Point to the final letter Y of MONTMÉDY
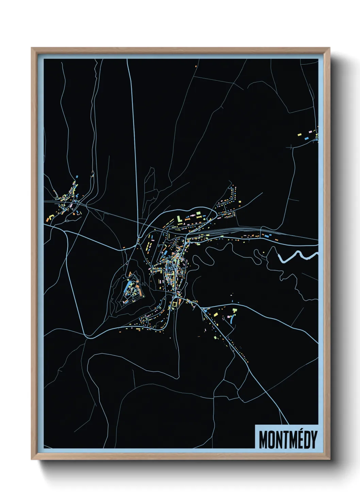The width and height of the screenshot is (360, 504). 314,440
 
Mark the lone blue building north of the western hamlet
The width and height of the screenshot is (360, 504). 77,177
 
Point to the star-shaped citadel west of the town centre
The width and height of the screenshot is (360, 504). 131,289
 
